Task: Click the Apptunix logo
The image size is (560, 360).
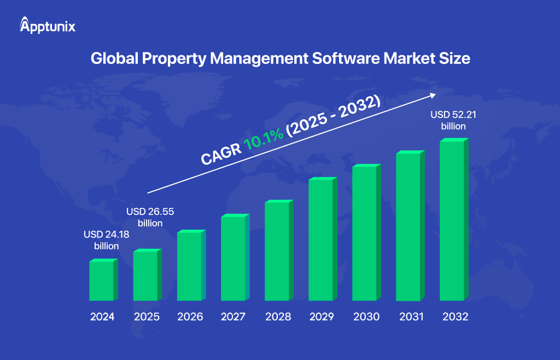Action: [x=48, y=26]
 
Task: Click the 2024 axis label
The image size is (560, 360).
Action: [x=103, y=317]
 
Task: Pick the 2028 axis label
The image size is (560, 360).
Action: [x=278, y=317]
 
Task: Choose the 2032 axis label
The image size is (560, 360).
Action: [x=453, y=317]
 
